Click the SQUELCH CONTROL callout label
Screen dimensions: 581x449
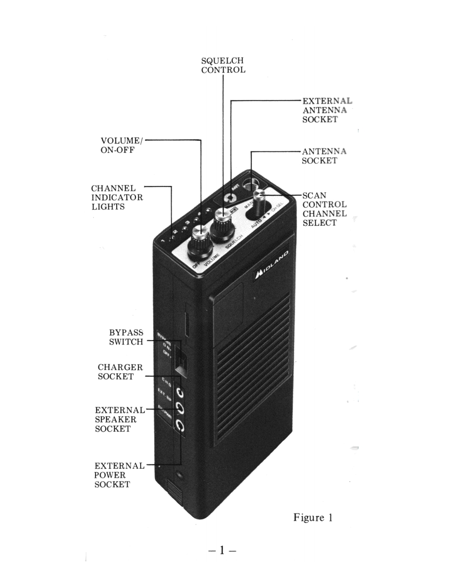pos(223,65)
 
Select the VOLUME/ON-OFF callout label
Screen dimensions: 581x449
pos(120,145)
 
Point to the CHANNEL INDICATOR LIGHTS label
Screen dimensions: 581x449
pos(117,197)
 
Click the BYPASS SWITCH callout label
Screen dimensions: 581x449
pos(126,337)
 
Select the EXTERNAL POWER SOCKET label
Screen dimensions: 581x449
pos(119,475)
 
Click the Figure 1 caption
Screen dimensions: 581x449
pos(313,517)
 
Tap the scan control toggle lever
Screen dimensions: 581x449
pos(259,198)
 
